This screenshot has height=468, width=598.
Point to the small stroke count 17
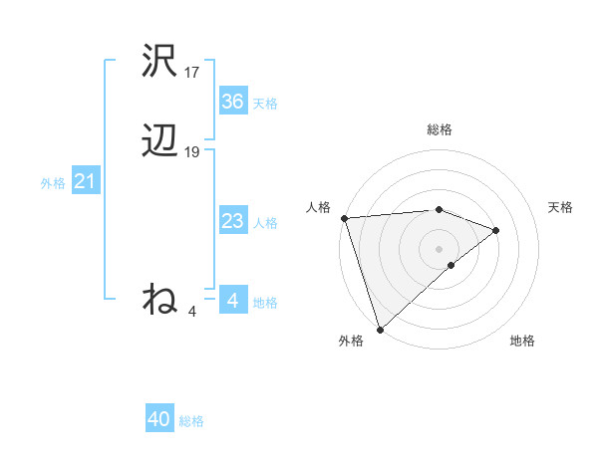192,73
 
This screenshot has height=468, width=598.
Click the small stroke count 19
192,152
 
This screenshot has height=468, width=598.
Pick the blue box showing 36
232,101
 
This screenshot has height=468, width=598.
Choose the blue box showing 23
232,221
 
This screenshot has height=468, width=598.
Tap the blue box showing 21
85,181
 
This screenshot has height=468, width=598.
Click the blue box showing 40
159,419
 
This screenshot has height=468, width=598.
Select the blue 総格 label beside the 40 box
191,421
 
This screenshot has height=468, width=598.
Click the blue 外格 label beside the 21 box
53,183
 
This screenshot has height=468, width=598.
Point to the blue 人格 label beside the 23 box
265,223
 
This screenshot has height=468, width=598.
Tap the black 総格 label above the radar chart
439,129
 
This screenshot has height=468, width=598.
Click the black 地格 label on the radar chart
522,341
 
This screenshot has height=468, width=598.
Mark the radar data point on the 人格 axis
344,217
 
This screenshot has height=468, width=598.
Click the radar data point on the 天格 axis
495,230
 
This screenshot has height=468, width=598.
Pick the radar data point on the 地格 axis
451,265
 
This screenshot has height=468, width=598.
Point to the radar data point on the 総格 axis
439,209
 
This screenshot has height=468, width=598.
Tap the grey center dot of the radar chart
439,248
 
